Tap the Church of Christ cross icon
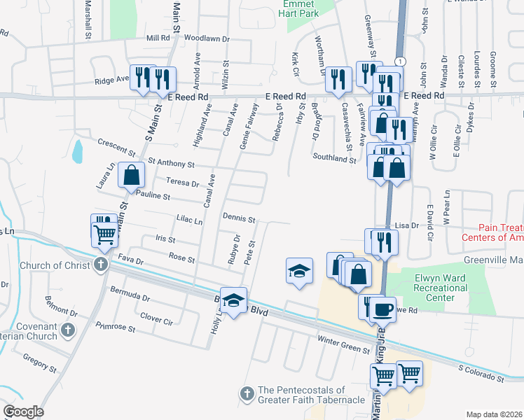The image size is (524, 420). pos(101,265)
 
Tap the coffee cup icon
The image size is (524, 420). pos(383,308)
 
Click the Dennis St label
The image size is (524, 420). pos(239,218)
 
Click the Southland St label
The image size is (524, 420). pos(334,159)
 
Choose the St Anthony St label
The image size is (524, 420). pos(171,164)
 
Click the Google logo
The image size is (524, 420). pos(23,412)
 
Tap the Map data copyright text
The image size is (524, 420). pos(494,414)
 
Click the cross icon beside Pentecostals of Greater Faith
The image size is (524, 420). pos(247,395)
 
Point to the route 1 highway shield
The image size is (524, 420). pos(399,62)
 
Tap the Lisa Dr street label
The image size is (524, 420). pos(406,225)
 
